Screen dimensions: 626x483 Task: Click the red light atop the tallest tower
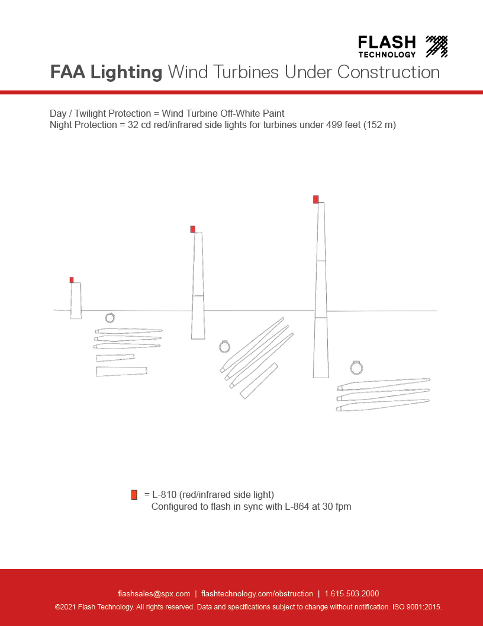click(x=316, y=199)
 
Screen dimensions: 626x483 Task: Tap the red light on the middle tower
click(x=193, y=229)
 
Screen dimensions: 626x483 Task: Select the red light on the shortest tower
click(x=72, y=280)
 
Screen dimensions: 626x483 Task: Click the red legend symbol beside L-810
click(x=134, y=495)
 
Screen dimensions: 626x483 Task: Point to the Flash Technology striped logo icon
click(x=437, y=46)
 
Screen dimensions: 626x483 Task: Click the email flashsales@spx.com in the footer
click(x=154, y=593)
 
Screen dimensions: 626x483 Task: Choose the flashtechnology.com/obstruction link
click(x=257, y=593)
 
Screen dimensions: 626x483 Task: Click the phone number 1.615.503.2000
click(x=352, y=593)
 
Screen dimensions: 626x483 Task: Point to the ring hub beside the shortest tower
click(x=110, y=318)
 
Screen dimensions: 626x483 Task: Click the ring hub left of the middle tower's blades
click(x=224, y=346)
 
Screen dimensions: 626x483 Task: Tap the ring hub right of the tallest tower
click(x=356, y=368)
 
